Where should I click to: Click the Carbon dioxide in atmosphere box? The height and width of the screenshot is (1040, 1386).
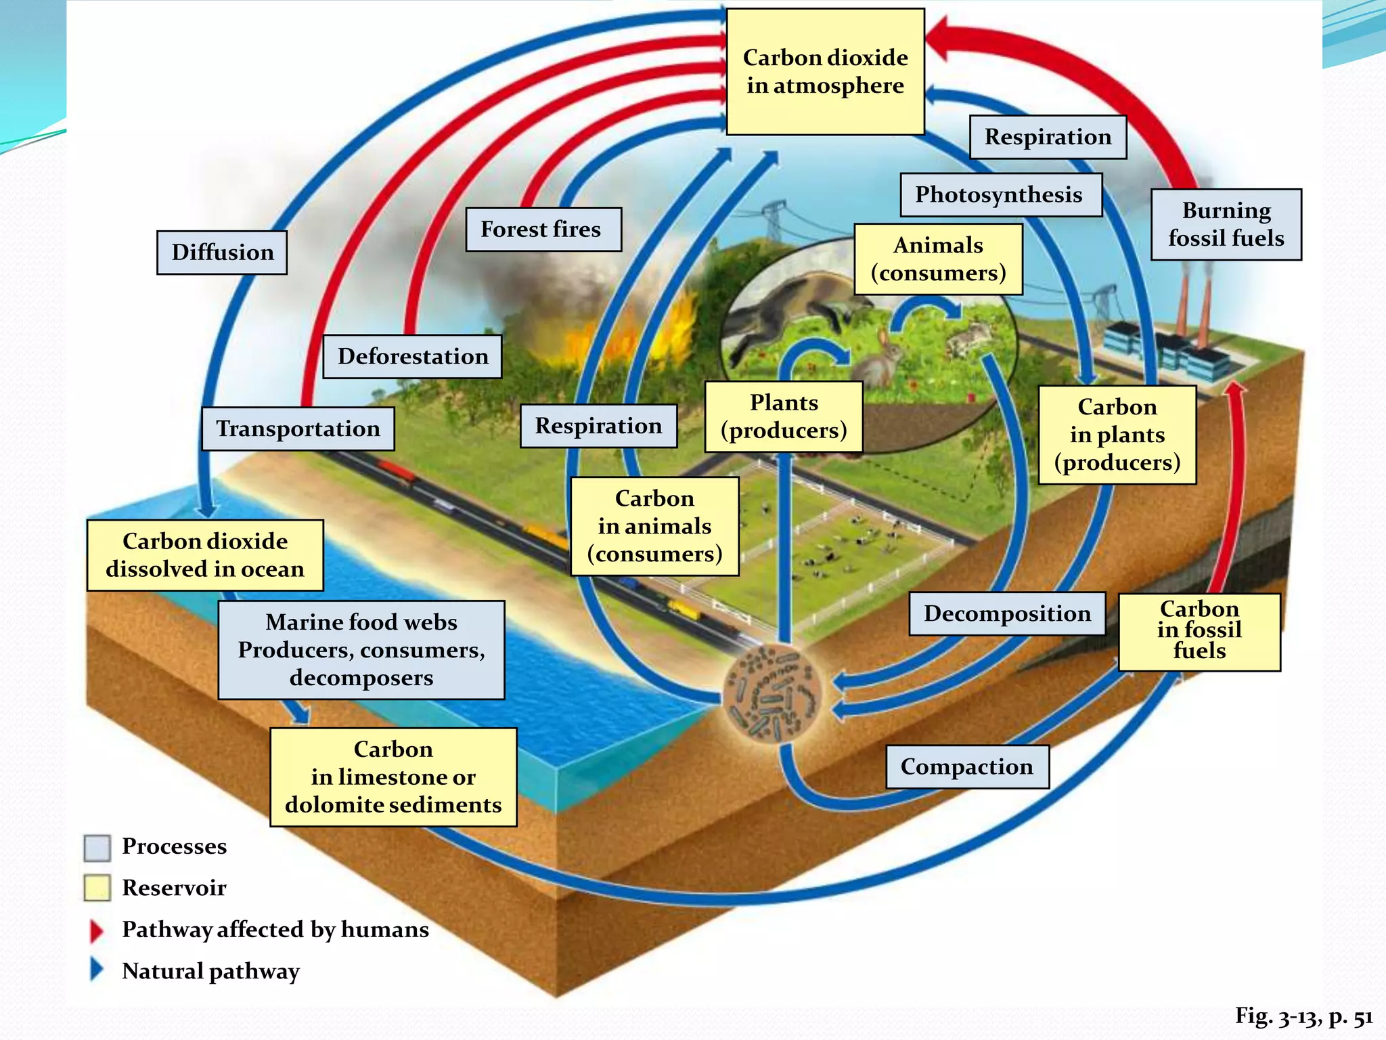click(825, 72)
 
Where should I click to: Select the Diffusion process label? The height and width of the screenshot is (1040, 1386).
click(222, 253)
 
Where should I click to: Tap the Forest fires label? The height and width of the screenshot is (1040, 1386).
click(543, 230)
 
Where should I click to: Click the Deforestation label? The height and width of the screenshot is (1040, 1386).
click(412, 356)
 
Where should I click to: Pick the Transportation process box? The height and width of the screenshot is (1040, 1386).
click(298, 429)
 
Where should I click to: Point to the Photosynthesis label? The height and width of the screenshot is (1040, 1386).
click(1000, 195)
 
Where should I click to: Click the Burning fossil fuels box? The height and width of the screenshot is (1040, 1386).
click(1226, 225)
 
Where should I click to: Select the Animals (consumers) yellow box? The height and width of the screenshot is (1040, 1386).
click(937, 259)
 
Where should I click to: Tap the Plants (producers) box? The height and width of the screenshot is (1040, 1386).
click(783, 416)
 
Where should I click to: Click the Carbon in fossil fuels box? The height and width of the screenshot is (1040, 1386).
click(1199, 631)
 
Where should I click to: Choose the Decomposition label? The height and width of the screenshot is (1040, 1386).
click(1007, 613)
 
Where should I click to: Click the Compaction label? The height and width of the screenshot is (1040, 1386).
click(966, 766)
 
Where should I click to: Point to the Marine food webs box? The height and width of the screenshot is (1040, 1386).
click(361, 650)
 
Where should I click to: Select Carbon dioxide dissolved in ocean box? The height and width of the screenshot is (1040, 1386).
click(205, 555)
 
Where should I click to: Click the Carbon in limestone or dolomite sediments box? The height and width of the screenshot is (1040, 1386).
click(393, 777)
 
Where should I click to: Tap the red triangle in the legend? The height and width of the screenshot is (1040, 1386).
click(97, 931)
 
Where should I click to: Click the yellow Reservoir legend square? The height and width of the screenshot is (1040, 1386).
click(97, 888)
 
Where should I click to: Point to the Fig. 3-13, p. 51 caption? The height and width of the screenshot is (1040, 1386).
click(1303, 1016)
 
